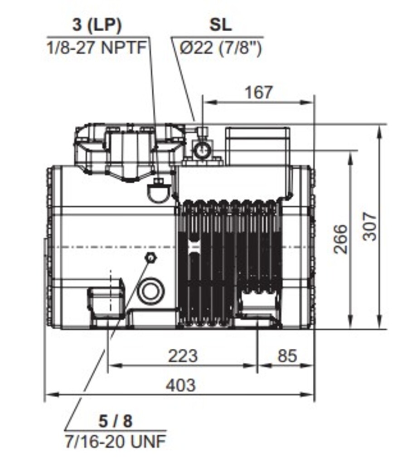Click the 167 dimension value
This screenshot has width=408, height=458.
coord(259,93)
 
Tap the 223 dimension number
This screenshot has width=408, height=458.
coord(183,356)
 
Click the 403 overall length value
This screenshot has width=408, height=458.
coord(180,385)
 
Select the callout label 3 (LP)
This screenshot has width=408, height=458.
coord(97,25)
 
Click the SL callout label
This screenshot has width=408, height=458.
coord(220,25)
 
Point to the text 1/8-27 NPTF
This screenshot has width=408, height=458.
coord(97,47)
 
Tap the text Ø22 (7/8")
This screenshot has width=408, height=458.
coord(220,47)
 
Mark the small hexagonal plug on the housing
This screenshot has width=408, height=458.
coord(150,258)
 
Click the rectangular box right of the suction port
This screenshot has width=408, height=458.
coord(257,140)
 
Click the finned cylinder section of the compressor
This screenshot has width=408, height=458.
coord(229,258)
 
